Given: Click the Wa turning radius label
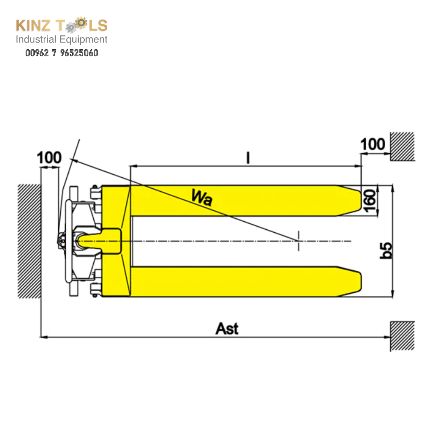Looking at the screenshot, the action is click(x=202, y=197).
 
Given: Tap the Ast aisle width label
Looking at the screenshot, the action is click(x=227, y=328).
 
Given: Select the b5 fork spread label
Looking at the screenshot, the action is click(x=386, y=250).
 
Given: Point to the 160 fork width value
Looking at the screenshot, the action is click(x=370, y=201).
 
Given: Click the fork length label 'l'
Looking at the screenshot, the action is click(x=248, y=158).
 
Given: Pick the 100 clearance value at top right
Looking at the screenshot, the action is click(x=372, y=144).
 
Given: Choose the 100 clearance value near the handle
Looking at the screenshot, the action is click(x=49, y=157).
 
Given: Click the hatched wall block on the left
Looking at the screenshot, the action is click(x=29, y=241).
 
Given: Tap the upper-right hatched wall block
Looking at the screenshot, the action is click(x=402, y=146).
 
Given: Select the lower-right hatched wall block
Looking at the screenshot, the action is click(x=402, y=336).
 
